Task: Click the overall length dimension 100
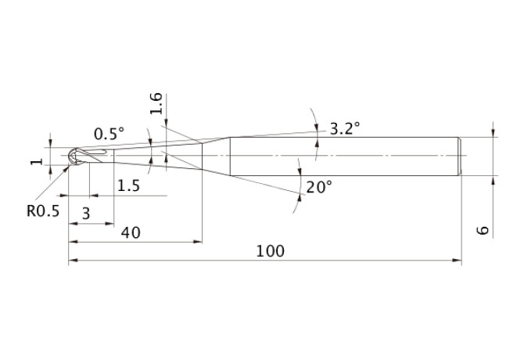click(270, 251)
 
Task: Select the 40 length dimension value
click(131, 232)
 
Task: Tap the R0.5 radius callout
click(43, 211)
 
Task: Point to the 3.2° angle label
click(345, 128)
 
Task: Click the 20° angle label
click(319, 187)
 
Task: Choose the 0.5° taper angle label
click(109, 134)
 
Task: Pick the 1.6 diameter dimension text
click(156, 103)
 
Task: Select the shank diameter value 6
click(483, 230)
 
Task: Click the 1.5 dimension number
click(129, 185)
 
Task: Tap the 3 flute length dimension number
click(86, 213)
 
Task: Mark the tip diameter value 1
click(37, 161)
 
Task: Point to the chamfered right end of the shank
click(460, 156)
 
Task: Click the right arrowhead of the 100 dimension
click(457, 260)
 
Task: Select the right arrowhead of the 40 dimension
click(198, 241)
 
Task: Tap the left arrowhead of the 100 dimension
click(74, 260)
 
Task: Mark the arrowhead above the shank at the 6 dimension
click(493, 133)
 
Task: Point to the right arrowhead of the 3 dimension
click(109, 224)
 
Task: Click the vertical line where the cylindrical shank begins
click(230, 156)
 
